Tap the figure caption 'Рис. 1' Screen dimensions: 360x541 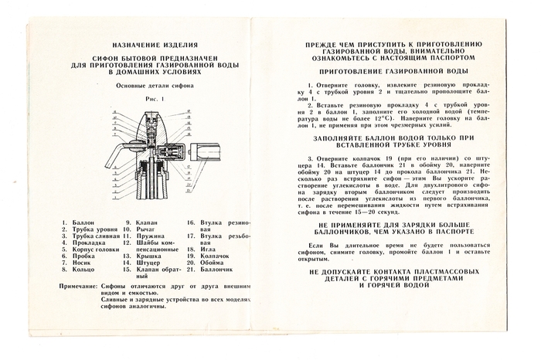tap(151, 98)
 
